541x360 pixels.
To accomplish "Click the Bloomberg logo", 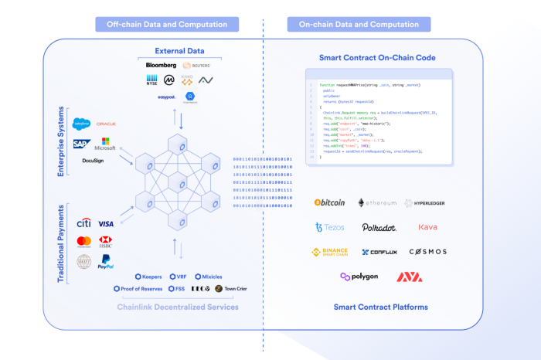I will (162, 65).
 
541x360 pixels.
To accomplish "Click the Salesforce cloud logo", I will (81, 124).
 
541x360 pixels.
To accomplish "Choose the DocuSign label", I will (93, 161).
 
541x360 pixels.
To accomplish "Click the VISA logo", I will (107, 223).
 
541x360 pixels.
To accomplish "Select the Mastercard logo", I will (84, 242).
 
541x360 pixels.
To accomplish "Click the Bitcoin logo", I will (329, 202).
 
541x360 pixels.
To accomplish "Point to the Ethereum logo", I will (377, 202).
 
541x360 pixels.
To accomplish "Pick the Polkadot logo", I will (379, 227).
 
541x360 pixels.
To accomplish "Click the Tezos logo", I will (329, 227).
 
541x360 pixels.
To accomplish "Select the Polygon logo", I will (359, 277).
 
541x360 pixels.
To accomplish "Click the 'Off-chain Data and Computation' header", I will (162, 25).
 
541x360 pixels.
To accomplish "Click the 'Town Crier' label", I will (230, 289).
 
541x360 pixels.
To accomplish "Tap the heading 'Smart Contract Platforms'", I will (380, 307).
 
